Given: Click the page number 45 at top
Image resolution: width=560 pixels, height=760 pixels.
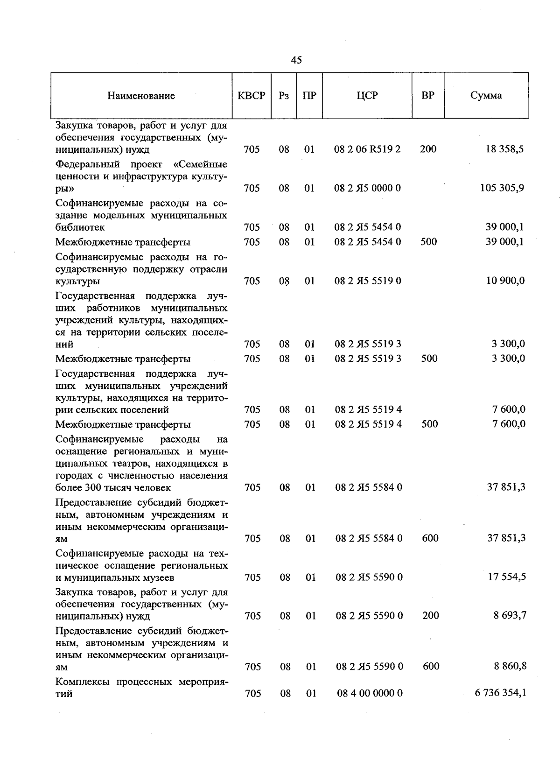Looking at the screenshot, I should click(296, 60).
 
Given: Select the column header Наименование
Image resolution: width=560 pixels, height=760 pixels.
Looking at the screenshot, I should click(141, 96).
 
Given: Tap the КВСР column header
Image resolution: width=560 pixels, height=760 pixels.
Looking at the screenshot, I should click(252, 96).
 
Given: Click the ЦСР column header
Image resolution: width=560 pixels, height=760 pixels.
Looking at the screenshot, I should click(367, 96).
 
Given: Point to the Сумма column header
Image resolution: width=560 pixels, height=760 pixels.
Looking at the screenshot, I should click(486, 96).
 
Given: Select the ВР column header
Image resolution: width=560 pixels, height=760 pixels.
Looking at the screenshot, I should click(428, 96).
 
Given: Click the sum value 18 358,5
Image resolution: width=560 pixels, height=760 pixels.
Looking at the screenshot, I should click(504, 149).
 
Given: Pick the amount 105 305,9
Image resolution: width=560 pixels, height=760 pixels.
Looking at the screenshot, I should click(502, 188).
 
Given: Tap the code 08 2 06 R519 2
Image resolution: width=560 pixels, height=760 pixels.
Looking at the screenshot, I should click(367, 149).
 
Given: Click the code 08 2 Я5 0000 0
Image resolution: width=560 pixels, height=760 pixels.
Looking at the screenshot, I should click(367, 188).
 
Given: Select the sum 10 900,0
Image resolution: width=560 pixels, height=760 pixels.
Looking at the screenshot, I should click(505, 281).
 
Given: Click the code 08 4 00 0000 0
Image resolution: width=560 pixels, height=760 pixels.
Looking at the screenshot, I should click(370, 693).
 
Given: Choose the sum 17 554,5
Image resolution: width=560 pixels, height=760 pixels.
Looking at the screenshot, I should click(507, 577).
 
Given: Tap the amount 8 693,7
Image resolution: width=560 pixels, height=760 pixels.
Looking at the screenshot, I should click(510, 616).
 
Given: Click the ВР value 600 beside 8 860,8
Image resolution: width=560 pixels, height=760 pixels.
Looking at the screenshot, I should click(431, 667).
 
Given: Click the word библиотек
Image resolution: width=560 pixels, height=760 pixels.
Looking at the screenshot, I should click(80, 228).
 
